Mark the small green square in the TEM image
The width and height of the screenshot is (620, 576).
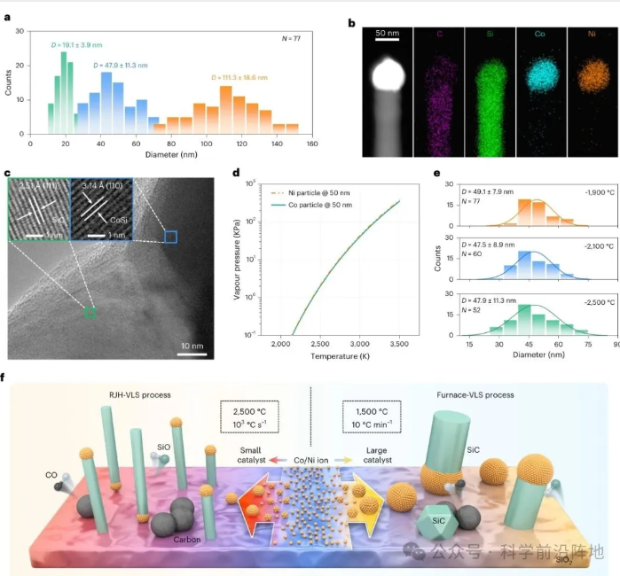[x=90, y=312]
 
